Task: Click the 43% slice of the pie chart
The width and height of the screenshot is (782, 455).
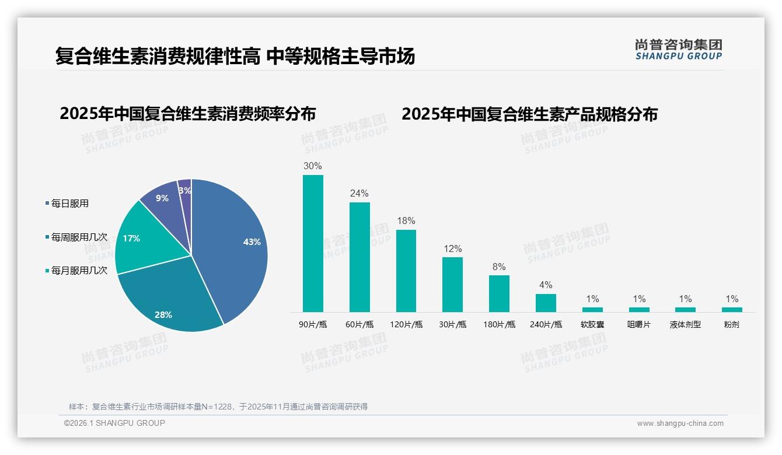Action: point(239,245)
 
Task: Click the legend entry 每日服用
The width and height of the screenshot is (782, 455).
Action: point(69,204)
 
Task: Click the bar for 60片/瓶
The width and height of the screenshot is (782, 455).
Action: point(359,257)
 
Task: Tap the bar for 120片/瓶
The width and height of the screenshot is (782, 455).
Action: point(406,271)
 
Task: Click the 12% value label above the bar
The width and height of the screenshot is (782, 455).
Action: point(452,248)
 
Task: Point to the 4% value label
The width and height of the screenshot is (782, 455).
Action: point(546,285)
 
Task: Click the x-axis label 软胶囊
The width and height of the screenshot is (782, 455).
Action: point(592,324)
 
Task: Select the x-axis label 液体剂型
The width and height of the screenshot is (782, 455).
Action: point(685,324)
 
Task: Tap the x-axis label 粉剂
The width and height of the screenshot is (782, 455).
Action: point(731,324)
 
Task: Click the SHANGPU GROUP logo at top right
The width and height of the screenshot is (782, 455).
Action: point(678,50)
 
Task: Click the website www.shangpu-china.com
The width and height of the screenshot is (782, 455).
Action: point(680,423)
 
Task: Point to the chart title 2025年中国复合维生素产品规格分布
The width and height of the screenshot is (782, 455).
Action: point(529,114)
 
